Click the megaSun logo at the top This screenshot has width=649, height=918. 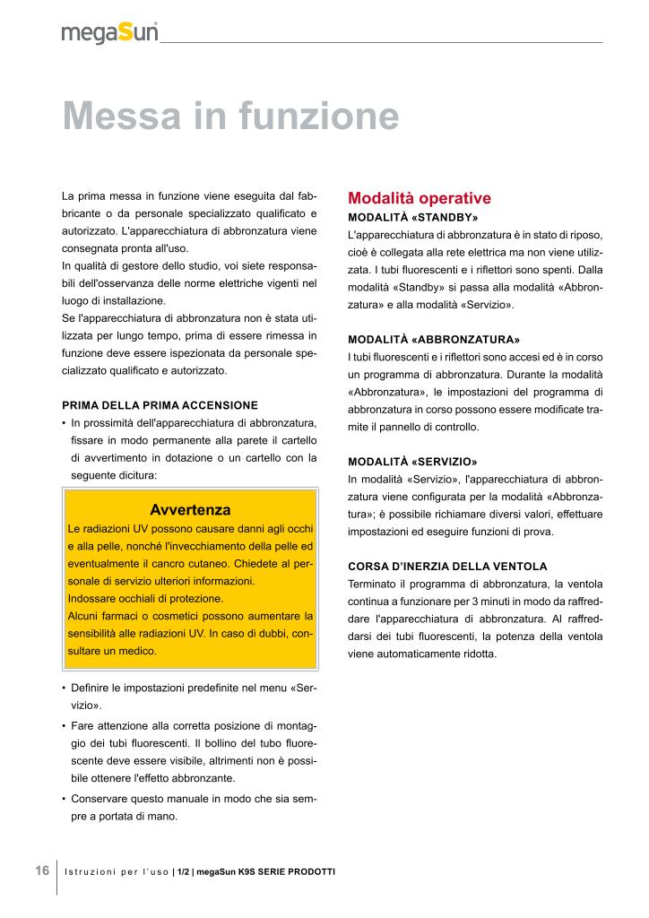(109, 33)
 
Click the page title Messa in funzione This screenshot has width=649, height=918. (230, 117)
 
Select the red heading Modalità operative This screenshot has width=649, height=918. (419, 198)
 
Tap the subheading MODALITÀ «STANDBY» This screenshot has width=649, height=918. (412, 218)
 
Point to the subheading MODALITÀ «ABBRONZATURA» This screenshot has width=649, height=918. (434, 340)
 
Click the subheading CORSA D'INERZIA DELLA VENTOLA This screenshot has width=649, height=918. (446, 567)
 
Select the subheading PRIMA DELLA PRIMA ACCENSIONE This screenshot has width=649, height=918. (160, 405)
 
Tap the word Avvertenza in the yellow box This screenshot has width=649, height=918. (190, 510)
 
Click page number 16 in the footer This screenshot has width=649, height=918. (42, 870)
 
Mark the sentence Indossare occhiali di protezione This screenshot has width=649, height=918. (145, 598)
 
